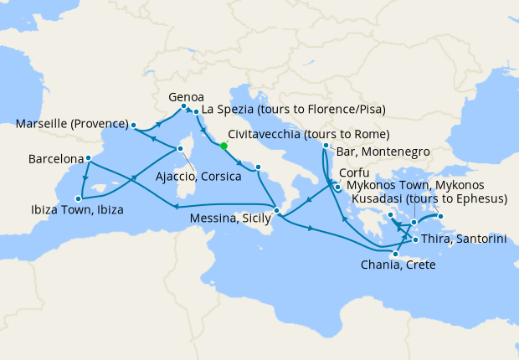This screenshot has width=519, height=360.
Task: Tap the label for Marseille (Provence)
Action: point(71,125)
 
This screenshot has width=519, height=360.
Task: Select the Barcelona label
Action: point(55,158)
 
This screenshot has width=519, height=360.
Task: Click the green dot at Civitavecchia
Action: point(224,146)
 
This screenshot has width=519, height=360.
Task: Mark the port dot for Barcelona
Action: point(88,156)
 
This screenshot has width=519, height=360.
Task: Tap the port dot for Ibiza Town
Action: point(79,198)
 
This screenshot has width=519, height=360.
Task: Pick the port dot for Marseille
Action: point(133,126)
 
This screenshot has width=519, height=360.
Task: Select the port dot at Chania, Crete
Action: point(394,253)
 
